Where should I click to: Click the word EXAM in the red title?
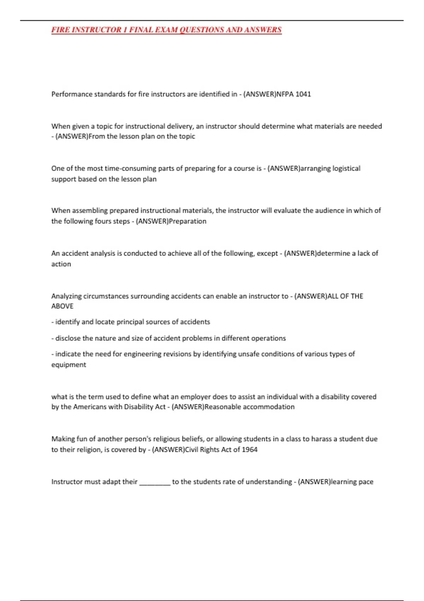166,30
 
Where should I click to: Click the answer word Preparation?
188,221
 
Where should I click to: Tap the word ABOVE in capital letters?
62,306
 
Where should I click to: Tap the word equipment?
69,364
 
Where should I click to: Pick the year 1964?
249,450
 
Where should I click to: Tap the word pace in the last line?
366,482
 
